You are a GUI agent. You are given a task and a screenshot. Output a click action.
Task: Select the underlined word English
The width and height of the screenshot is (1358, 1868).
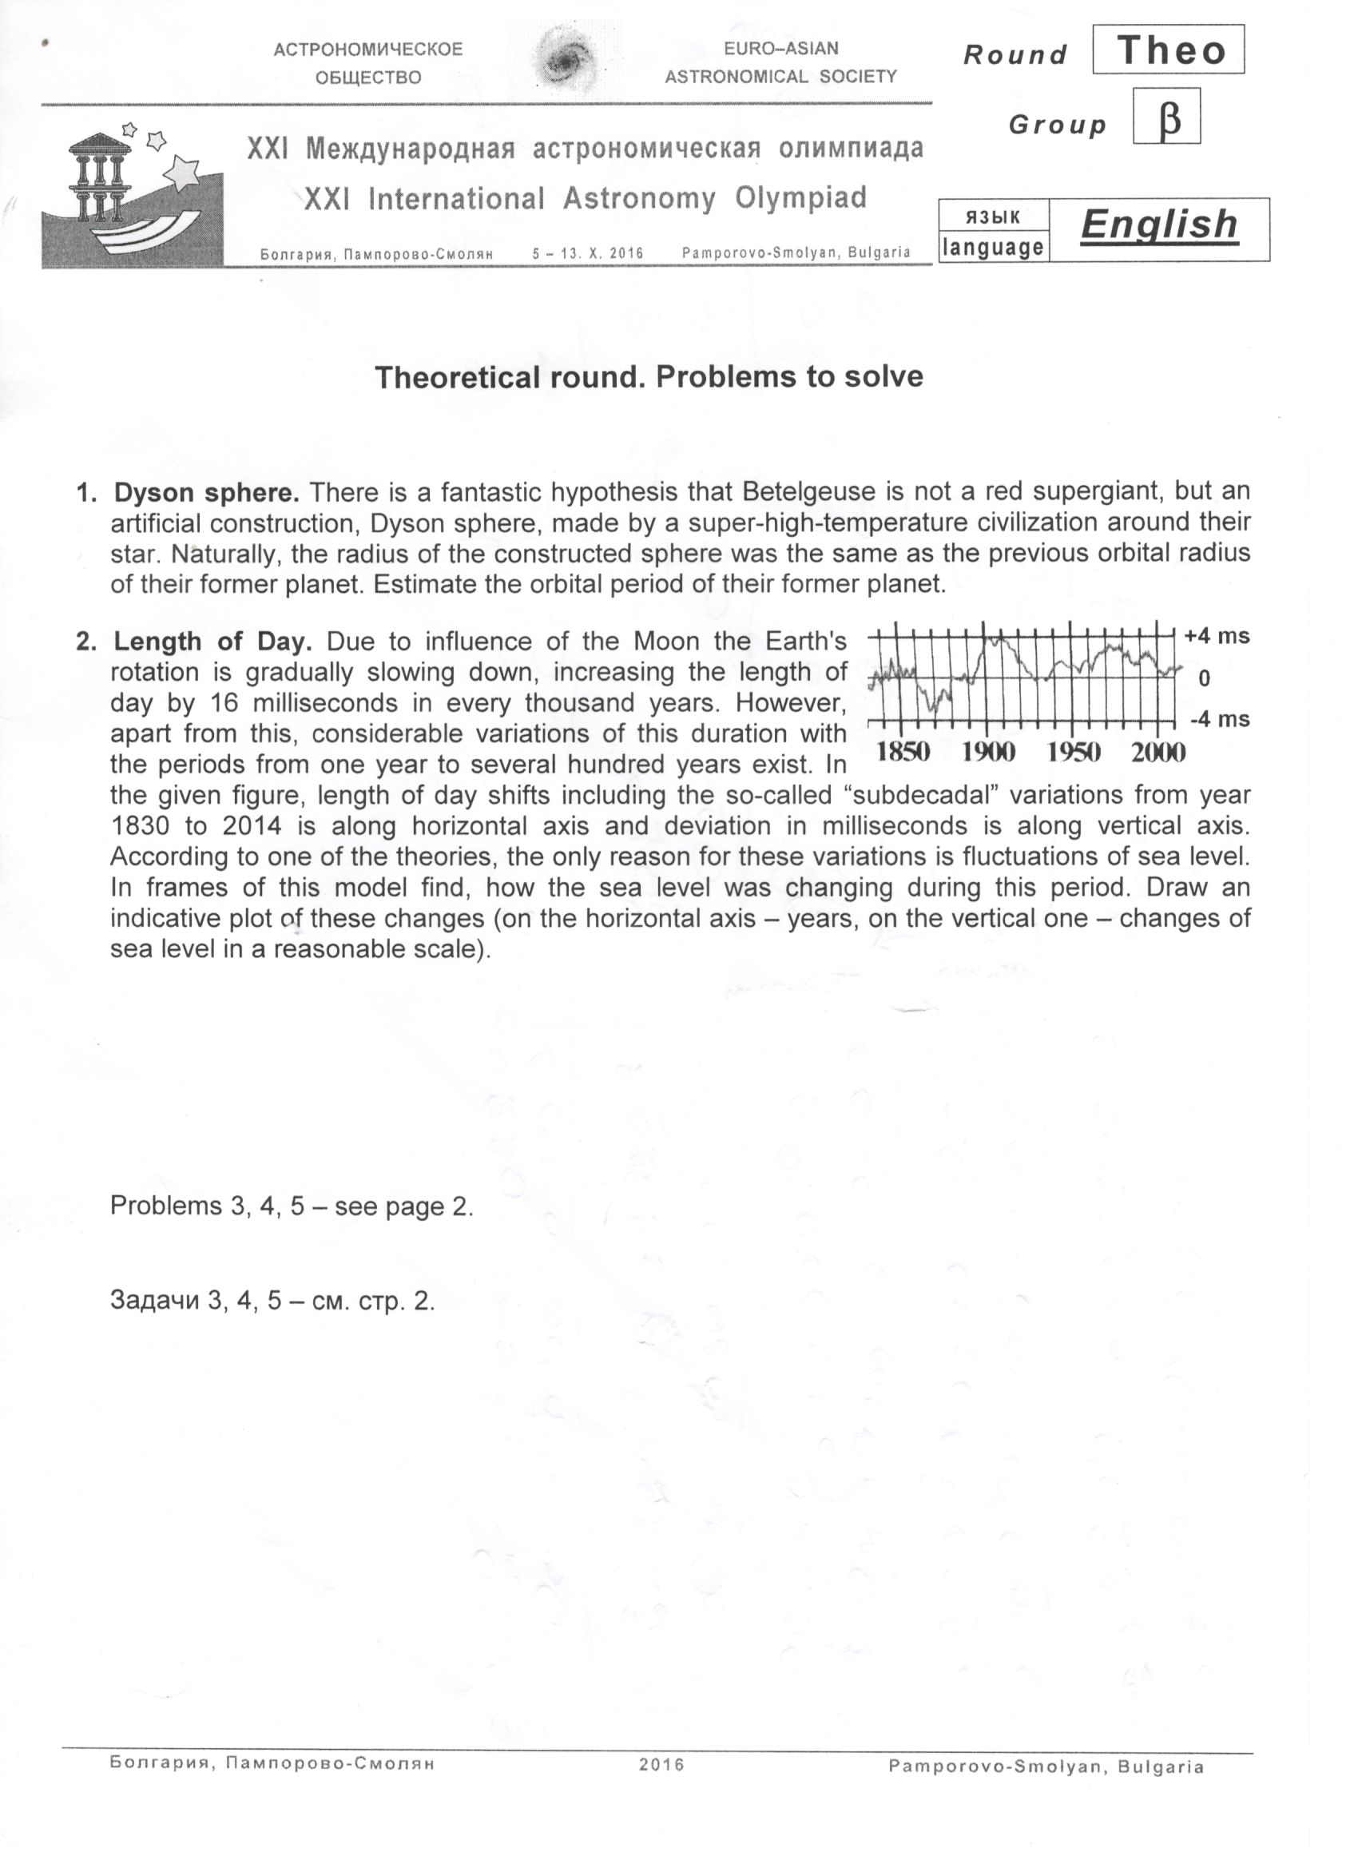coord(1159,224)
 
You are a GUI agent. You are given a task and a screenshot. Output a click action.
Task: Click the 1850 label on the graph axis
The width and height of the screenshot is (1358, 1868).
coord(903,752)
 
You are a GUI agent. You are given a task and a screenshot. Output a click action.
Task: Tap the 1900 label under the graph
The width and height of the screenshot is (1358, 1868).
coord(988,752)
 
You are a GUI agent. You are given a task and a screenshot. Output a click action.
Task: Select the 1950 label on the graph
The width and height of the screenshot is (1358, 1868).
coord(1073,752)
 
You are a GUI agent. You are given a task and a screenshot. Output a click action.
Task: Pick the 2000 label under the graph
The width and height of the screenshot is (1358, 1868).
coord(1157,752)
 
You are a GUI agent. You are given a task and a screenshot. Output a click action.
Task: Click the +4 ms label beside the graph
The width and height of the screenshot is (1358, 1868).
coord(1217,637)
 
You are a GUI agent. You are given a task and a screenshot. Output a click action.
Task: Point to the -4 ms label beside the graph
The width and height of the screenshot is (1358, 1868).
coord(1219,720)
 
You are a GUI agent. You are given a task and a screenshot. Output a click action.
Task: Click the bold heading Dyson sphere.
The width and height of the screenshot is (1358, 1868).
coord(206,492)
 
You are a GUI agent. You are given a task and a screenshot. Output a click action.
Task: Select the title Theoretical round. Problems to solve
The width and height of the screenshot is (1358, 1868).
coord(649,377)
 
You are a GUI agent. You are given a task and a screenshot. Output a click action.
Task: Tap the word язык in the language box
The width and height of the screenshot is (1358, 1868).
coord(992,217)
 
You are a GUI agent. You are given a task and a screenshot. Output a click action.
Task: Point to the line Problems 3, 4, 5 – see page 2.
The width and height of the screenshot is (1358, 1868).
coord(292,1206)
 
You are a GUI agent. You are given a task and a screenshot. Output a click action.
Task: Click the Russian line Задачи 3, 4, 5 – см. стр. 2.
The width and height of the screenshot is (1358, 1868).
coord(272,1301)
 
